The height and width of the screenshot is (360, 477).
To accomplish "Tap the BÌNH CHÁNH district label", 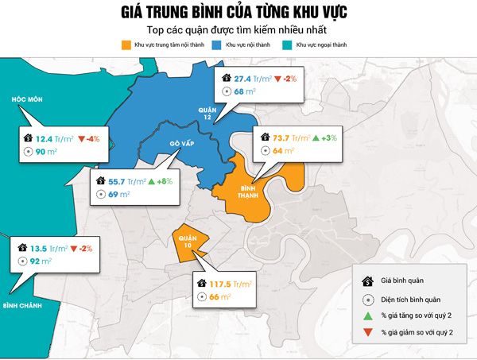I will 21,305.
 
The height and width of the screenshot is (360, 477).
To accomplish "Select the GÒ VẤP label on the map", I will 182,144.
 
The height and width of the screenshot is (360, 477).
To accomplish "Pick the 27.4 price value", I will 242,79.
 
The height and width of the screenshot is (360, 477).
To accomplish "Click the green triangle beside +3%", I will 315,137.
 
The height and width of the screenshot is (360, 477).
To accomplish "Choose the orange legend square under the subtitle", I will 126,46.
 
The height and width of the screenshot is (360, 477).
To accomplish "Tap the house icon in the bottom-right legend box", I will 368,281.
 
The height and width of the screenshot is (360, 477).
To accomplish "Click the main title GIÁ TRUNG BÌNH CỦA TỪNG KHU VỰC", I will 238,14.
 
